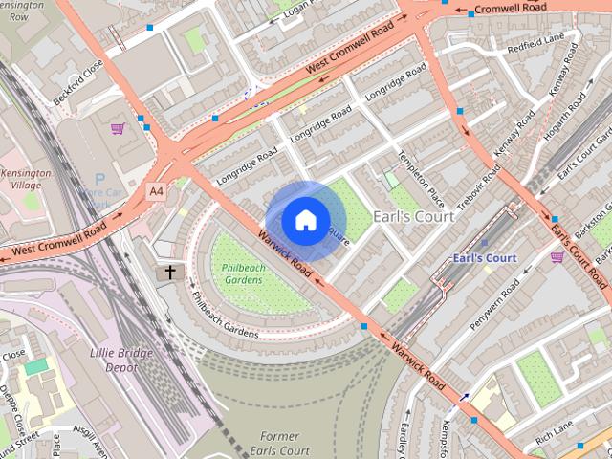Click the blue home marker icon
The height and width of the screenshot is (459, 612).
coord(305,220)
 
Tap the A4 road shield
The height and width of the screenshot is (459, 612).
coord(156,191)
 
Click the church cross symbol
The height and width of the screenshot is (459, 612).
coord(171,273)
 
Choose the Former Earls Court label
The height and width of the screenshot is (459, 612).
coord(285,444)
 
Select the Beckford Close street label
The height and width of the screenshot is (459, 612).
coord(92,72)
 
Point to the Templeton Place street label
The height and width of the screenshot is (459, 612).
coord(421,180)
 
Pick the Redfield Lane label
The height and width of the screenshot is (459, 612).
coord(535,45)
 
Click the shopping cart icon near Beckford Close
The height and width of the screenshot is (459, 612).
coord(118,127)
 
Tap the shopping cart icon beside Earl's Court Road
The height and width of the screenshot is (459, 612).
coord(557,256)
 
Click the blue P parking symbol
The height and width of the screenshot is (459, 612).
coord(99,179)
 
